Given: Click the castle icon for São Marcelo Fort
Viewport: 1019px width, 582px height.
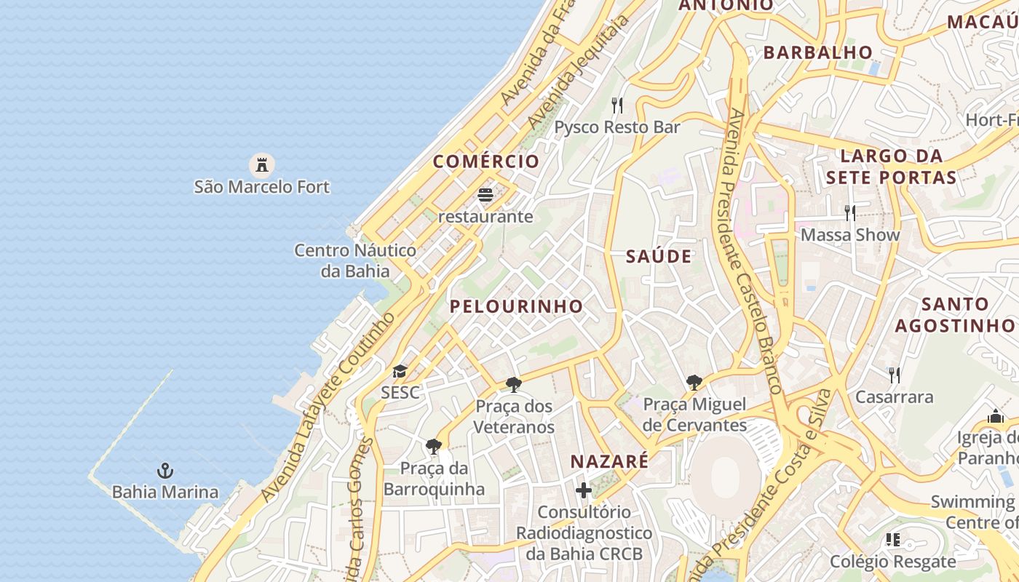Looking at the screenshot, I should click(262, 165).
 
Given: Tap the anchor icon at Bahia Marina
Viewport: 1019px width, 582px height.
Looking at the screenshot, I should click(165, 471).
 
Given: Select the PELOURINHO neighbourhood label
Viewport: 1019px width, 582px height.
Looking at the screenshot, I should click(516, 306).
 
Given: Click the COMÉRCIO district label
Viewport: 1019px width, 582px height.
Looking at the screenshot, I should click(486, 162).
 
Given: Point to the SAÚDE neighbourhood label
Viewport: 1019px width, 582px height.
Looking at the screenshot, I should click(659, 256).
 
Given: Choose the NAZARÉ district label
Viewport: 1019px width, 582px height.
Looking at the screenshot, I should click(609, 461).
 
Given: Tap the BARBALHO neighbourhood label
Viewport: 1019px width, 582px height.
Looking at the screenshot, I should click(818, 52).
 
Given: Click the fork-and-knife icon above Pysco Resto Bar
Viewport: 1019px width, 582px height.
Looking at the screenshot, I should click(617, 105).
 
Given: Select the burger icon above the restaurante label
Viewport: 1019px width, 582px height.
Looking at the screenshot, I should click(485, 195).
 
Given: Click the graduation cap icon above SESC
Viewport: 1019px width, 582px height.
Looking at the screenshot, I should click(400, 372).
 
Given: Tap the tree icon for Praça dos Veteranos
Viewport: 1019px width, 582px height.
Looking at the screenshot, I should click(514, 384).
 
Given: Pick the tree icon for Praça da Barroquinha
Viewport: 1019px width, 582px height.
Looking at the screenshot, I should click(434, 446).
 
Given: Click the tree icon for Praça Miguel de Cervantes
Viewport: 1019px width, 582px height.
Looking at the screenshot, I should click(694, 382).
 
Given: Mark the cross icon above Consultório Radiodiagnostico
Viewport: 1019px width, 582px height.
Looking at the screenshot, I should click(584, 490).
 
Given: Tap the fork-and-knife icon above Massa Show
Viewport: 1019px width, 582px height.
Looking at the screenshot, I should click(849, 213).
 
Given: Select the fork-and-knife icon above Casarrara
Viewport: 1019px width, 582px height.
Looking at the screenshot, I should click(894, 375).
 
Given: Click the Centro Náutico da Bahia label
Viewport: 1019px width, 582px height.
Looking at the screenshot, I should click(355, 260).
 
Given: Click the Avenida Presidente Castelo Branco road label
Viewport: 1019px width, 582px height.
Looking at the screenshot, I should click(754, 251).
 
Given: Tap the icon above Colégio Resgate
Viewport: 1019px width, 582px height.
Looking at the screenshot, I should click(893, 540).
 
